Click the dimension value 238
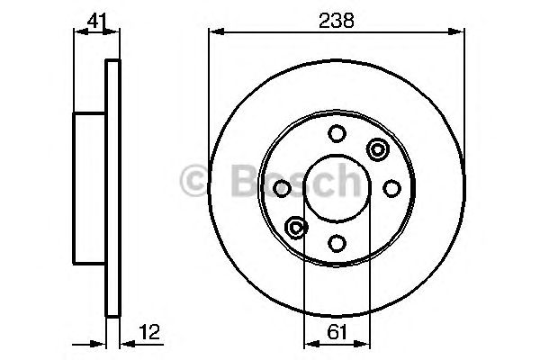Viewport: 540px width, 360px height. (336, 17)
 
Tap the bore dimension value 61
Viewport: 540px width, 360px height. (336, 331)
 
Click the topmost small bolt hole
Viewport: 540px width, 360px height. (336, 134)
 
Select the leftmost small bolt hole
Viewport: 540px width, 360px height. (282, 188)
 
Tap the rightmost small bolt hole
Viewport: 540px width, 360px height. (391, 187)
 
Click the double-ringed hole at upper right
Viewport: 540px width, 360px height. (376, 148)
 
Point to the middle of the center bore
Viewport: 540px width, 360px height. (336, 188)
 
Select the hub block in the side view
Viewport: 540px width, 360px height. (90, 189)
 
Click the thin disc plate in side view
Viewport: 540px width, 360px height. (112, 189)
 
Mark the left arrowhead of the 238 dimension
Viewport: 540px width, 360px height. (214, 33)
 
